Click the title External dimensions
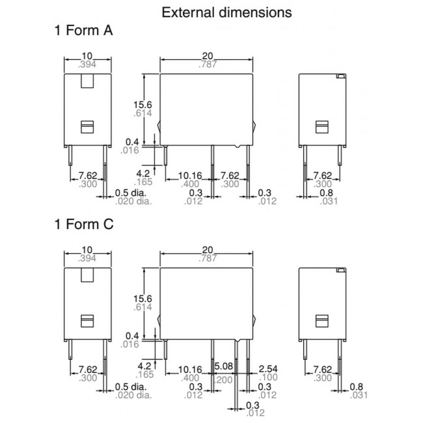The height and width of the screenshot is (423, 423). coord(217,12)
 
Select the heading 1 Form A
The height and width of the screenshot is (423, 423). coord(83,31)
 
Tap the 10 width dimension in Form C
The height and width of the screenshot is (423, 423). coord(89,251)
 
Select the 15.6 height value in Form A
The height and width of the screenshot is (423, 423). coord(143,103)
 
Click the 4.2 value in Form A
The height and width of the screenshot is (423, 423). coord(143,174)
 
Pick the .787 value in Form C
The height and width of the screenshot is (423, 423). coord(208,259)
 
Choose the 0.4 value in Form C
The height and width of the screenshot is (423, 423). coord(132,336)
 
